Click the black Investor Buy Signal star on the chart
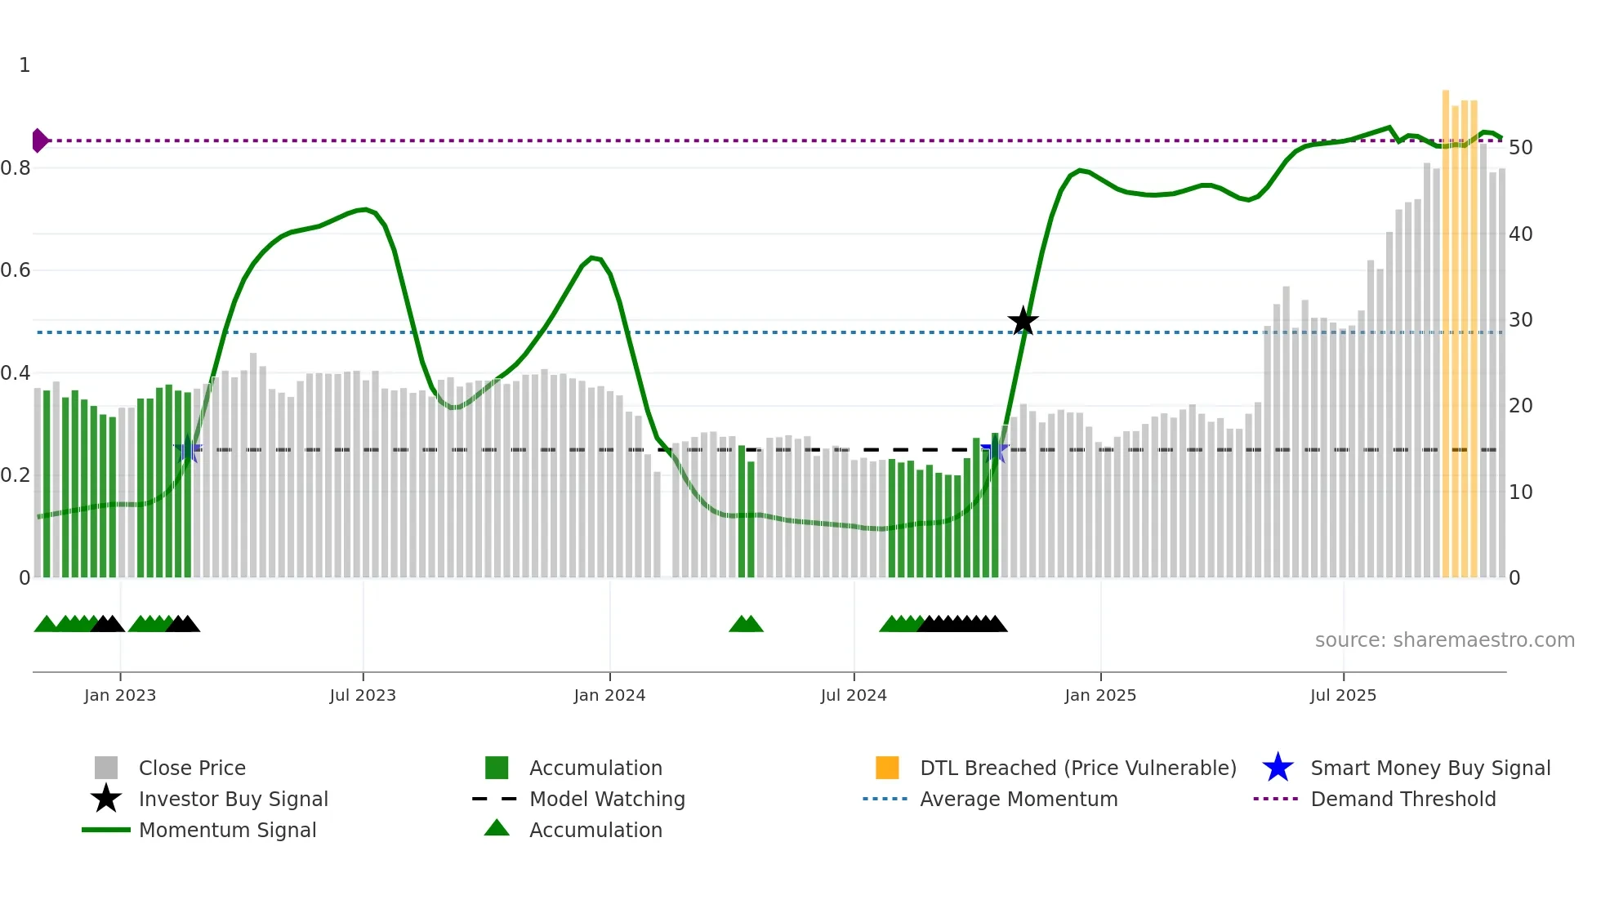(x=1023, y=321)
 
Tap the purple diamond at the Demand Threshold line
(x=39, y=140)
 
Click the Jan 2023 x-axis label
(x=120, y=696)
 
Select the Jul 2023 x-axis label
(x=363, y=696)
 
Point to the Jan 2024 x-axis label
(x=609, y=696)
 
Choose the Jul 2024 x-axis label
(x=854, y=696)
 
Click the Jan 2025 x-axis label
(x=1100, y=696)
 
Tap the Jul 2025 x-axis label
(x=1343, y=696)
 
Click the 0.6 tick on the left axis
(x=16, y=270)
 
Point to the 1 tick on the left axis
(x=25, y=65)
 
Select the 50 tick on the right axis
(x=1520, y=148)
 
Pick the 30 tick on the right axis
(x=1520, y=320)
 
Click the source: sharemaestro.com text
(x=1444, y=640)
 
